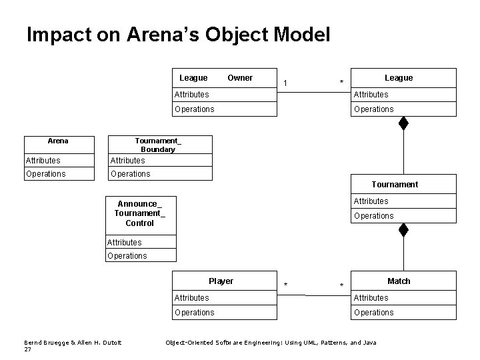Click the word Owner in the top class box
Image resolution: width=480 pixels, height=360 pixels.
coord(240,78)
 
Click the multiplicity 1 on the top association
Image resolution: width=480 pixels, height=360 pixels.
coord(285,83)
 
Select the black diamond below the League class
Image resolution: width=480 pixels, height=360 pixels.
coord(403,123)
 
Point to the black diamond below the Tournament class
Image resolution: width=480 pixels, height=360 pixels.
coord(403,230)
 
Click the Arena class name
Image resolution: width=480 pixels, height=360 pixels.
coord(58,141)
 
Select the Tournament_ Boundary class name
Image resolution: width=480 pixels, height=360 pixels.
coord(158,145)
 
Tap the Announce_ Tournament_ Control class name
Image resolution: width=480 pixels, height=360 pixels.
coord(140,213)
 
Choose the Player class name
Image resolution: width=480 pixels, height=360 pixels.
coord(221,281)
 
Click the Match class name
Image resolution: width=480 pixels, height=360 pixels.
coord(399,281)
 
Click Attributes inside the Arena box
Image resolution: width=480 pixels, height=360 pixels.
coord(43,161)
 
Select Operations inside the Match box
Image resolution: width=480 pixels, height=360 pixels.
coord(373,313)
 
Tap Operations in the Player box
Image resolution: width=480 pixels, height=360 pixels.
coord(194,313)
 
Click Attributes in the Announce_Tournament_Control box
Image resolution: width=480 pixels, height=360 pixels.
coord(125,243)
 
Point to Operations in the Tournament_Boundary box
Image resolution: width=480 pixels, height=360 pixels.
coord(130,174)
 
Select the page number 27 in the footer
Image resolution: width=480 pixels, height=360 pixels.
coord(27,349)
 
